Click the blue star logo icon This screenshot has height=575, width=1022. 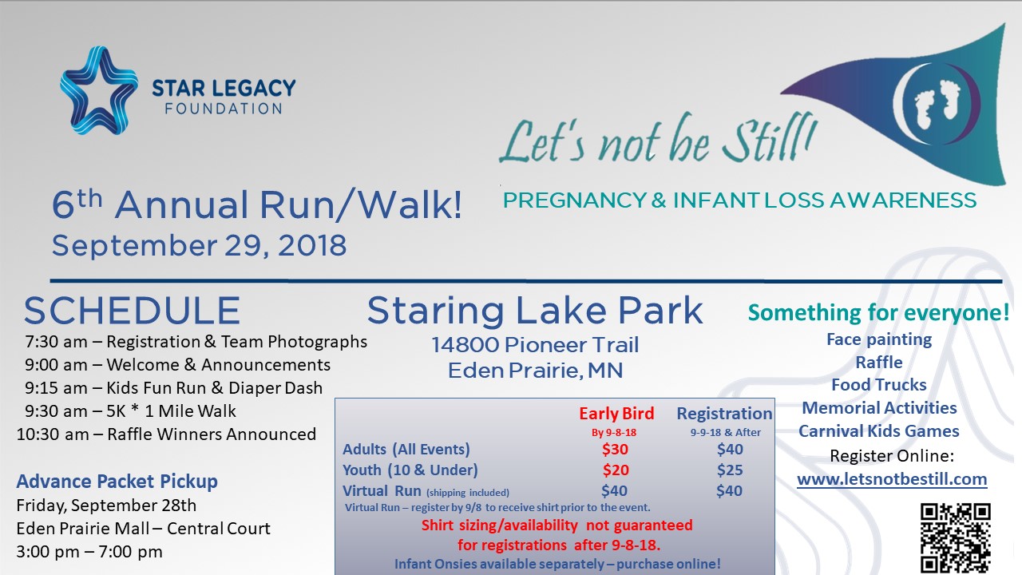tap(99, 90)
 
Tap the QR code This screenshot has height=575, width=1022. tap(956, 538)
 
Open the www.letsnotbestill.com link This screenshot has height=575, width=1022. tap(892, 479)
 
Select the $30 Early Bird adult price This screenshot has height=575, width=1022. tap(615, 449)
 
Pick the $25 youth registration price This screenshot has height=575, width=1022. tap(730, 470)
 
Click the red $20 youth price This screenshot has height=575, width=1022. tap(616, 470)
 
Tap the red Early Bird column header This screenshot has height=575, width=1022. tap(616, 414)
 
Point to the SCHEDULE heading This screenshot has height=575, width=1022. tap(132, 311)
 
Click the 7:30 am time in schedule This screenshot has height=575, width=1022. tap(56, 341)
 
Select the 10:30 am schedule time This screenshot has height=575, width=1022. tap(53, 434)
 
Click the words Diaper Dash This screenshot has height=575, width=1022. tap(275, 388)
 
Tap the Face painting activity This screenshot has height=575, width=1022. tap(879, 339)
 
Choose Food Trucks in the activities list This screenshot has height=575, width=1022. tap(879, 385)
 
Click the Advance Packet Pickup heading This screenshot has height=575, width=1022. tap(117, 482)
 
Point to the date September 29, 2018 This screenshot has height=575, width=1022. tap(199, 245)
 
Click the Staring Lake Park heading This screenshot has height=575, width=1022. tap(535, 311)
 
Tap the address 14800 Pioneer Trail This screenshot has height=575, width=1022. tap(535, 345)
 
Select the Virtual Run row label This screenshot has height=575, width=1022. tap(382, 490)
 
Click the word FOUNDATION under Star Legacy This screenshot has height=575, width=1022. tap(224, 109)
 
